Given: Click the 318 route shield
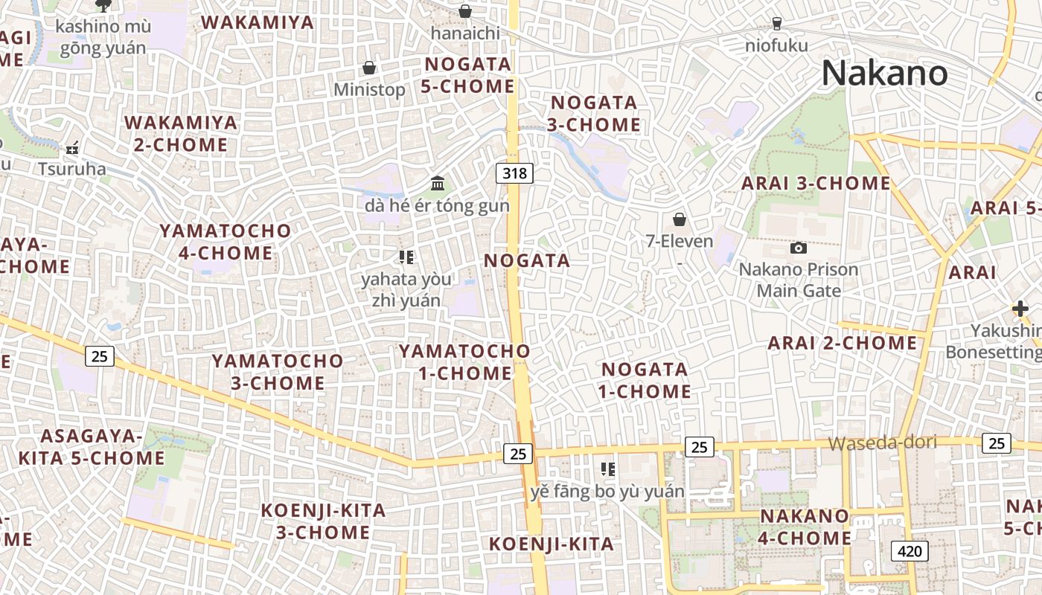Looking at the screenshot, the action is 514,173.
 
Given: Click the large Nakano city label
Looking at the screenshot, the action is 884,74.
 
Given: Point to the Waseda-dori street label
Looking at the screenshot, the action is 882,443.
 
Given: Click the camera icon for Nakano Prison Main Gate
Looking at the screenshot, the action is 799,248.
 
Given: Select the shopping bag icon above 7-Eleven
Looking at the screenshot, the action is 679,219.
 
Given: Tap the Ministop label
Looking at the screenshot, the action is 369,90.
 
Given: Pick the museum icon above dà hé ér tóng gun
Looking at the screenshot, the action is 438,183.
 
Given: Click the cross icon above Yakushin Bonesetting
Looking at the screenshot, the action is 1020,309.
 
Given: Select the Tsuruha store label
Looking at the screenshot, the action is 72,169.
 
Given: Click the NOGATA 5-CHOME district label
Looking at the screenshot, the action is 467,75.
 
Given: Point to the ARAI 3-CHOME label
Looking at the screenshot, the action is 816,183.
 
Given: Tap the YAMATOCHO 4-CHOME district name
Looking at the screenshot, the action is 225,242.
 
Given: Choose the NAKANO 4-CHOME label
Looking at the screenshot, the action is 805,527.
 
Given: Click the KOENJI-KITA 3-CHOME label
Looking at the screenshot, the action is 323,521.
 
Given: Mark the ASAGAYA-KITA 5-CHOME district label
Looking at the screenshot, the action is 91,447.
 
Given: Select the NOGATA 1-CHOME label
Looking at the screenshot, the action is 645,380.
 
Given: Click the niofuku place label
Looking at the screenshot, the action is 776,46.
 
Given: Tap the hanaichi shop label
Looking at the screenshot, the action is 465,33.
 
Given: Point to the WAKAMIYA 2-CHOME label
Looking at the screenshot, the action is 181,133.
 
